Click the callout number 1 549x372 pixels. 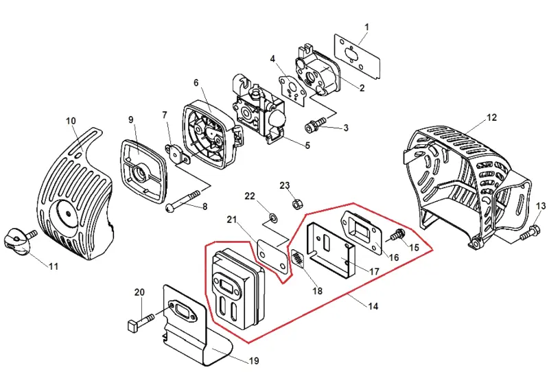(x=366, y=27)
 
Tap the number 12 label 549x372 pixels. (x=491, y=117)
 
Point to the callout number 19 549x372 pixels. (x=254, y=360)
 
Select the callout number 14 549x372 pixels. (x=373, y=306)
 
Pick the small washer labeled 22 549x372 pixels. (x=273, y=218)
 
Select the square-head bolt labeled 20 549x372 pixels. (x=140, y=322)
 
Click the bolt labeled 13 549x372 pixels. (x=529, y=233)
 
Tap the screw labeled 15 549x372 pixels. (x=397, y=234)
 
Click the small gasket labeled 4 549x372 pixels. (x=293, y=89)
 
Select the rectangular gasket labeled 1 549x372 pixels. (x=357, y=56)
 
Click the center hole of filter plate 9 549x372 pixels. (x=141, y=173)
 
